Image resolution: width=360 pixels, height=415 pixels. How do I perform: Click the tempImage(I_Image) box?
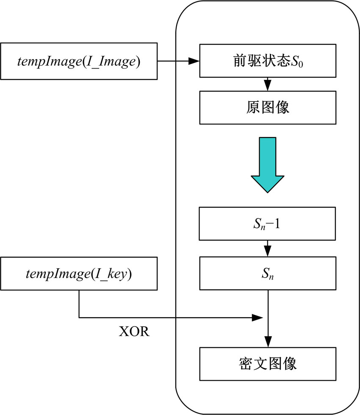coord(79,61)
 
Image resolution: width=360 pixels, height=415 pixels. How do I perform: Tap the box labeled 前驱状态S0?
coord(268,61)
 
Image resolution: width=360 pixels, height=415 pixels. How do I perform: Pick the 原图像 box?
coord(268,107)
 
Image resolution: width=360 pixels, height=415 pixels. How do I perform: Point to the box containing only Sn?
coord(268,274)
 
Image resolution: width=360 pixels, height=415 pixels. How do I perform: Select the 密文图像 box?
coord(268,363)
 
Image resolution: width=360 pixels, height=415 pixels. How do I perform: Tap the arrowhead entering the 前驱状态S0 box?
coord(194,61)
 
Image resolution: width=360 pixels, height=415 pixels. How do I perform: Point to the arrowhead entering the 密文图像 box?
coord(268,342)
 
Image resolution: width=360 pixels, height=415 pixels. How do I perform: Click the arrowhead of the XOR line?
coord(258,317)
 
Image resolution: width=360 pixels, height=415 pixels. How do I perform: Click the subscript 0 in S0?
coord(301,64)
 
